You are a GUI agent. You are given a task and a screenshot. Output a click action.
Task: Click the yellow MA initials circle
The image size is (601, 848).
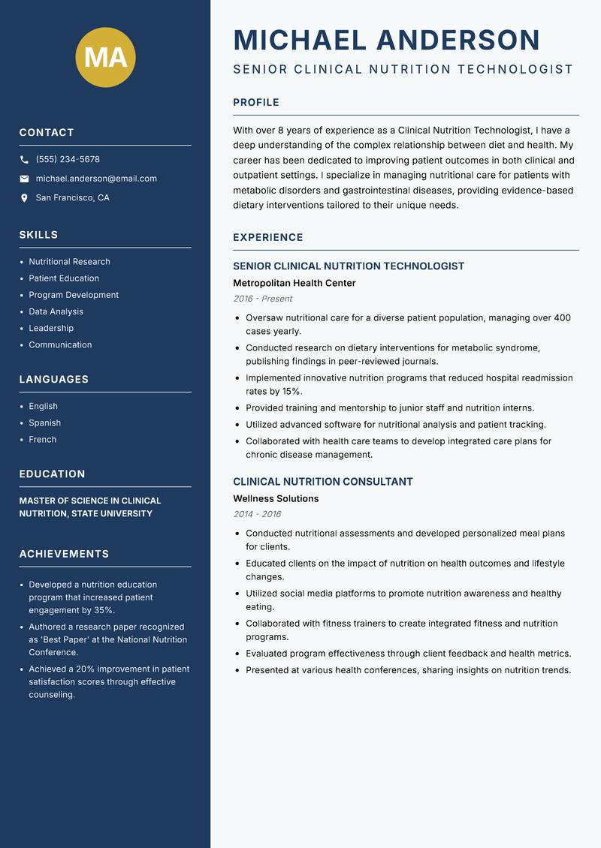(105, 58)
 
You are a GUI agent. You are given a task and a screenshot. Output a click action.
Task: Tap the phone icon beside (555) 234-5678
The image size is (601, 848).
(24, 160)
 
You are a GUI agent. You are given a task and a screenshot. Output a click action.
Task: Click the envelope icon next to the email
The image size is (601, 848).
(24, 179)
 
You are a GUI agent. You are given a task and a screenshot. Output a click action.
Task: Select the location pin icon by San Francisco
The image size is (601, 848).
(24, 198)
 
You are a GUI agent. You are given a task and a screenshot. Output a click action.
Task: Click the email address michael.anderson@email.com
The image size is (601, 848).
(96, 179)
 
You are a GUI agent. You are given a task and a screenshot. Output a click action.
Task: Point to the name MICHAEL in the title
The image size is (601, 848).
(300, 40)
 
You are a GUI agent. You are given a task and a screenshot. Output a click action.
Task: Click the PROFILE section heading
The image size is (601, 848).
(256, 103)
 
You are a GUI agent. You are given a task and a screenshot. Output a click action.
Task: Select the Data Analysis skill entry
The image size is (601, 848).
(56, 311)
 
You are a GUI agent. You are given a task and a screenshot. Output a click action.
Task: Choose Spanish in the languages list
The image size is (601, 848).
(45, 423)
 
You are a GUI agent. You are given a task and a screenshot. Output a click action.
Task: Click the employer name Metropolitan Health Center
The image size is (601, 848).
(294, 284)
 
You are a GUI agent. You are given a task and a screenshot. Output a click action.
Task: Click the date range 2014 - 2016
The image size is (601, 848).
(257, 515)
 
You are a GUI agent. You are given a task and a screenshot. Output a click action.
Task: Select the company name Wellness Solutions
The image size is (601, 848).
(276, 499)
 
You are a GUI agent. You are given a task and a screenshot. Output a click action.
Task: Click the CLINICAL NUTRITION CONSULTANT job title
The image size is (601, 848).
(323, 482)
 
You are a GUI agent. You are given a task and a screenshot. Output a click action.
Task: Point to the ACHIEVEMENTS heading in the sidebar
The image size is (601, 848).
(64, 554)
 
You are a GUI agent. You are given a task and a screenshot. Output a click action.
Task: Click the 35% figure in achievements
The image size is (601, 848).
(104, 611)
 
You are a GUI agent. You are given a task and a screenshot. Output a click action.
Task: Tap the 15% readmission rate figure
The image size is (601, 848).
(292, 392)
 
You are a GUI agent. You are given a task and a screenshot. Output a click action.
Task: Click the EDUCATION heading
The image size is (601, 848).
(52, 474)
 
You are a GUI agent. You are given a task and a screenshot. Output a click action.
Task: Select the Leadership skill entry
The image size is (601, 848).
(51, 328)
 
